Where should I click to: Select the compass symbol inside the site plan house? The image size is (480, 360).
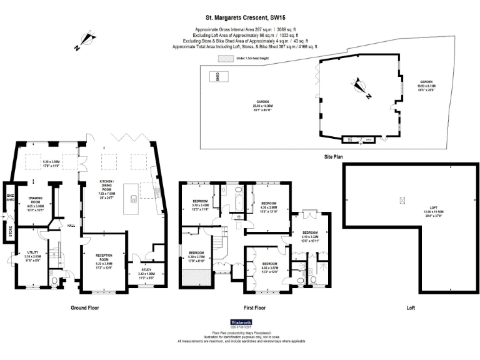coord(360,87)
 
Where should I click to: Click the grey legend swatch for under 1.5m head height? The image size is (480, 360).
coord(223,58)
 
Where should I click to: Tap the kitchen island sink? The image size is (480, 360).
coord(133,199)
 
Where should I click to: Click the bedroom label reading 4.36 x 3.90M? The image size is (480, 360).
coord(269,207)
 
